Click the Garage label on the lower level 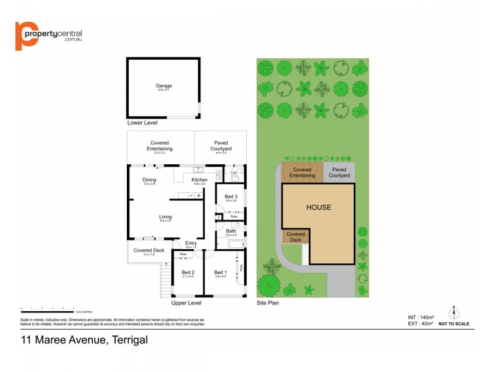pyautogui.click(x=163, y=86)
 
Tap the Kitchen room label pyautogui.click(x=199, y=180)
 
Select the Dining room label pyautogui.click(x=149, y=180)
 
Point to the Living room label pyautogui.click(x=165, y=216)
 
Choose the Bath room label pyautogui.click(x=231, y=231)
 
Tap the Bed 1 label pyautogui.click(x=220, y=272)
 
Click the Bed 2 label pyautogui.click(x=188, y=272)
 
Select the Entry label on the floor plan pyautogui.click(x=191, y=243)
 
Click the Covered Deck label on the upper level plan pyautogui.click(x=148, y=250)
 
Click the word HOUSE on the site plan pyautogui.click(x=319, y=208)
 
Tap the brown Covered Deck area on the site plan pyautogui.click(x=295, y=236)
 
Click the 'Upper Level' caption pyautogui.click(x=186, y=303)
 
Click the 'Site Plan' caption pyautogui.click(x=268, y=303)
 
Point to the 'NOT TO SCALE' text pyautogui.click(x=454, y=324)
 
